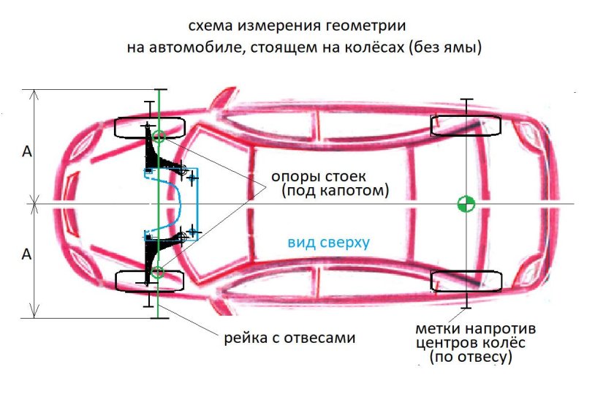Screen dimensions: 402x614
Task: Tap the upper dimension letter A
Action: tap(27, 151)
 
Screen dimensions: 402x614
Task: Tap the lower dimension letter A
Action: tap(27, 254)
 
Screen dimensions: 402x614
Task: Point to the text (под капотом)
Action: tap(333, 191)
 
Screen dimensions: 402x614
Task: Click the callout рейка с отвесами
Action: tap(289, 338)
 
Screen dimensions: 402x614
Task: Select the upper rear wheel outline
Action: tap(466, 125)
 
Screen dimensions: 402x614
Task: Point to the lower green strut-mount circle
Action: tap(159, 274)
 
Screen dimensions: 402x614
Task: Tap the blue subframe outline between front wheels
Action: tap(178, 205)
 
